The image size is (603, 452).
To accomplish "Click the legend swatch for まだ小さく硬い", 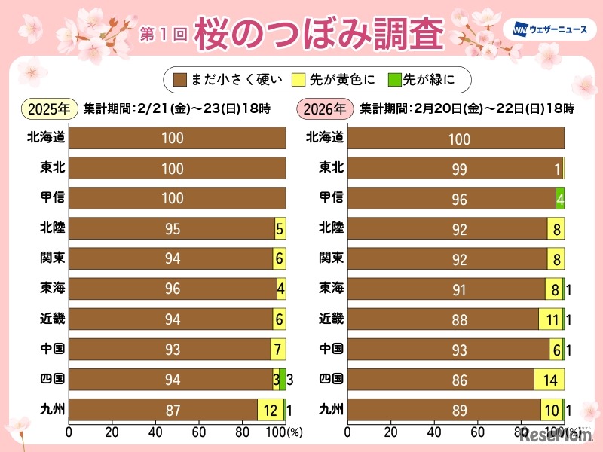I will coord(179,78).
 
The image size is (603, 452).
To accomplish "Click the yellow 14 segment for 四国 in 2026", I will coord(549,380).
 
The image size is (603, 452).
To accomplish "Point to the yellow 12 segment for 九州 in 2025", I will coord(271,410).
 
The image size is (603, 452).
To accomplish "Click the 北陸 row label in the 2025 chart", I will coord(52,228).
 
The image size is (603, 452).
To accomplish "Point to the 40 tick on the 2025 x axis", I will coord(155,433).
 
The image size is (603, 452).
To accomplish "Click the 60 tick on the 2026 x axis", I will coord(477,433).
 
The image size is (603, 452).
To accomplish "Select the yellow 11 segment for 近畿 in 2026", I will coord(550,319).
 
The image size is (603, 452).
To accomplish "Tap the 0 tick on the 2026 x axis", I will coord(347,433).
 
